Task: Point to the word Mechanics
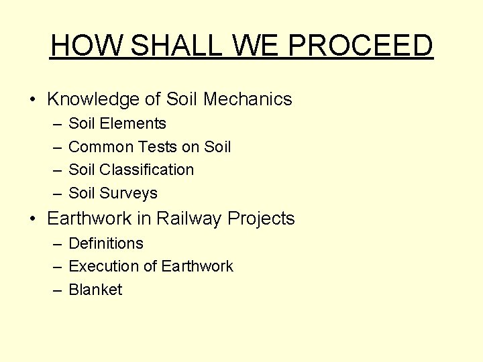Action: tap(248, 100)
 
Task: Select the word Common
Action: tap(101, 147)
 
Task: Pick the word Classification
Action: tap(147, 170)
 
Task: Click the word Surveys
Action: tap(129, 193)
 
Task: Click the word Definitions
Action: tap(106, 243)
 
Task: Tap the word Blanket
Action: tap(96, 290)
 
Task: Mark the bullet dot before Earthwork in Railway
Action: tap(33, 219)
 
